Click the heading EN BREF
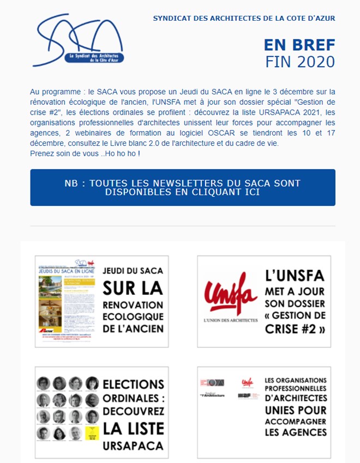tap(299, 45)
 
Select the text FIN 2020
tap(300, 62)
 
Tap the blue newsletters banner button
tap(182, 187)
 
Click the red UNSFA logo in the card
tap(230, 295)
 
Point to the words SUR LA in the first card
tap(133, 287)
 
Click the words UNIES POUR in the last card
tap(296, 409)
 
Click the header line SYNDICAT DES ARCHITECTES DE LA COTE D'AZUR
tap(244, 18)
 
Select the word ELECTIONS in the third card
tap(133, 384)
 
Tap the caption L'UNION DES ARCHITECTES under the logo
tap(230, 320)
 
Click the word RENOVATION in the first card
tap(133, 304)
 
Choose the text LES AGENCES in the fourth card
tap(296, 432)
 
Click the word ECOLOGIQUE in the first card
tap(133, 316)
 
